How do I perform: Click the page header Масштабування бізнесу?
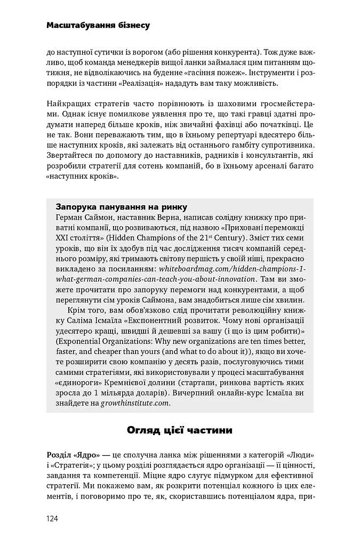click(x=98, y=25)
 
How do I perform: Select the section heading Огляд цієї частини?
click(x=179, y=430)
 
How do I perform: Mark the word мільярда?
click(x=139, y=393)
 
